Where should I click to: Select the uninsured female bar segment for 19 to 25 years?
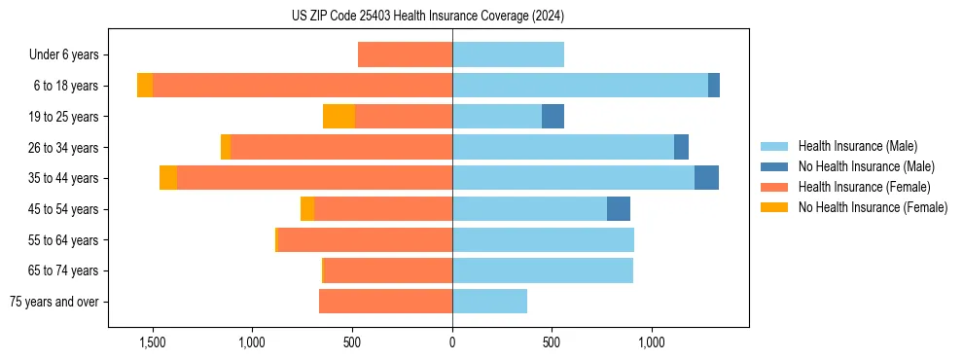coord(339,117)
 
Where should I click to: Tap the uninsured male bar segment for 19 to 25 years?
coord(553,117)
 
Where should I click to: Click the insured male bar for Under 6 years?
coord(508,54)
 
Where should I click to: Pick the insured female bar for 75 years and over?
coord(385,302)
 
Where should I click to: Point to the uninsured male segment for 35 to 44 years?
coord(706,178)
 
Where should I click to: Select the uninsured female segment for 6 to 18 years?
coord(145,86)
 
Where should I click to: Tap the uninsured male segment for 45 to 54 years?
coord(619,209)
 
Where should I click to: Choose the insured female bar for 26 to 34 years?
coord(341,147)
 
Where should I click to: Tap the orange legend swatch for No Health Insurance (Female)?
coord(774,207)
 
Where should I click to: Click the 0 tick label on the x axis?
coord(452,342)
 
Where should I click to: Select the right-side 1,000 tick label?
coord(651,342)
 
